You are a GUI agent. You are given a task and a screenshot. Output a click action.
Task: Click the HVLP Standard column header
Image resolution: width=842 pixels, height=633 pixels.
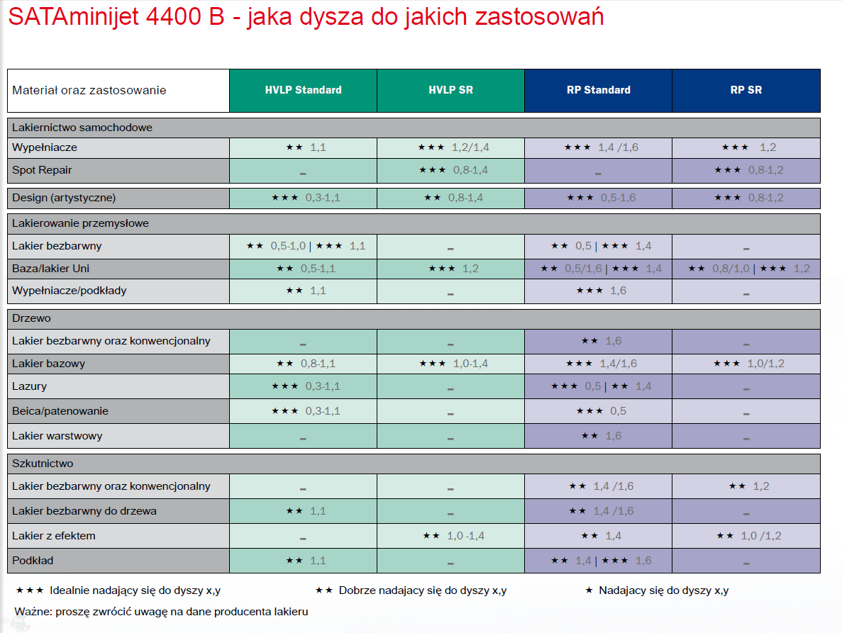click(303, 90)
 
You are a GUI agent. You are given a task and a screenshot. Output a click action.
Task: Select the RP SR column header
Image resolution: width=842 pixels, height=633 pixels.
click(746, 90)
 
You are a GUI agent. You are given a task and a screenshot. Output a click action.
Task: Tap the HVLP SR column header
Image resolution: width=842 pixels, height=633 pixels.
click(450, 90)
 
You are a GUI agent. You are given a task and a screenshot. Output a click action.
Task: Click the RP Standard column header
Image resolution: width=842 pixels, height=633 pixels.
click(598, 90)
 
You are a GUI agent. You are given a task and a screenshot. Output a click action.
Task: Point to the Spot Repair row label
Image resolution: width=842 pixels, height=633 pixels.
click(42, 170)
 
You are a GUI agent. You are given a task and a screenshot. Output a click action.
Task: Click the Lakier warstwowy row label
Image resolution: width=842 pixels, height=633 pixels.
click(57, 436)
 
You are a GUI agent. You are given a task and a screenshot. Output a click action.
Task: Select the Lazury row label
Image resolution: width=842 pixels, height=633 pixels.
click(29, 386)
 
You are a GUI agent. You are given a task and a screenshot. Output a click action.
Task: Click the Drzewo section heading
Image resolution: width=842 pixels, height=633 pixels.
click(31, 318)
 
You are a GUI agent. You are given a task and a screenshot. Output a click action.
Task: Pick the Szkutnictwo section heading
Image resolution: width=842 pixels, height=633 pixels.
click(43, 464)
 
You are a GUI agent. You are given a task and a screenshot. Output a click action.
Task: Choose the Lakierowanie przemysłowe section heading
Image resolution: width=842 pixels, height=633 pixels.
click(80, 223)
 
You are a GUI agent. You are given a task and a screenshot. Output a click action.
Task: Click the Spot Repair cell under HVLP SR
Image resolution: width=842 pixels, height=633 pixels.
click(450, 170)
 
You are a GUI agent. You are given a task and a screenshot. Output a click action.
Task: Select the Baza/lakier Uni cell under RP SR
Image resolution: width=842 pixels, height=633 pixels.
click(746, 269)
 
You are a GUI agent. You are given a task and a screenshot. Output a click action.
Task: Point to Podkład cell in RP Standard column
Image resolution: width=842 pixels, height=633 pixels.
click(598, 561)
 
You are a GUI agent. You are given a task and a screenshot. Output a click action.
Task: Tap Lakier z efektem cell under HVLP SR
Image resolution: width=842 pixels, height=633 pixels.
click(450, 536)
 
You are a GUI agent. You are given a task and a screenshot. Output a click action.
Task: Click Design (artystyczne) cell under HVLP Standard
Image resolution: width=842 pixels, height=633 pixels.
click(303, 198)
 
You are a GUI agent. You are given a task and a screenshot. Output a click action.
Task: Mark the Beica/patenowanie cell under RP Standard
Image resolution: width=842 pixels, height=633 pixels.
click(598, 411)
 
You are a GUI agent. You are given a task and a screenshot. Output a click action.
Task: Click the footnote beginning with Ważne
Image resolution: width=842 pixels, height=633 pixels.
click(161, 611)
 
